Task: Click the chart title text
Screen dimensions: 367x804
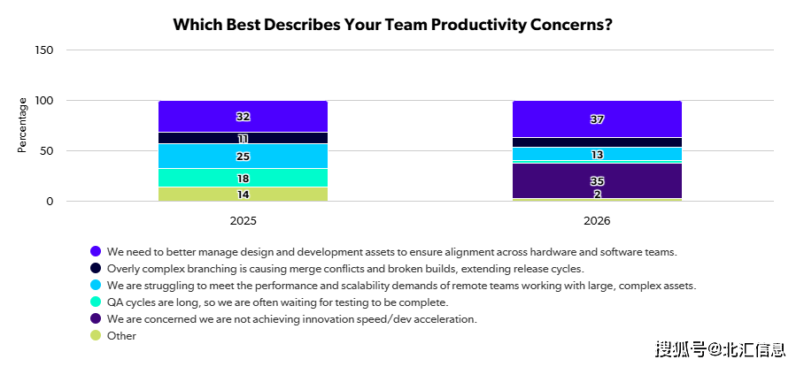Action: tap(392, 24)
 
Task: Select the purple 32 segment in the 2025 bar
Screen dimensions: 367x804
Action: tap(243, 117)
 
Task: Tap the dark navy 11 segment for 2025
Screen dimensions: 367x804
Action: tap(243, 139)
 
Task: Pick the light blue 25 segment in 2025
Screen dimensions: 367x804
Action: tap(243, 157)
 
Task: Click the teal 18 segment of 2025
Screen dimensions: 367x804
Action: tap(243, 178)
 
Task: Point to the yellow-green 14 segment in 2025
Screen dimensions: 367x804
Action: tap(243, 195)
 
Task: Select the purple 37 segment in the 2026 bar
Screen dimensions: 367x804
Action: tap(597, 119)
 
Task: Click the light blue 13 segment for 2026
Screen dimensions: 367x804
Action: tap(597, 155)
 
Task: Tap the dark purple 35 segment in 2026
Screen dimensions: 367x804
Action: tap(597, 180)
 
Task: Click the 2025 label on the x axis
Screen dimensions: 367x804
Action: tap(243, 219)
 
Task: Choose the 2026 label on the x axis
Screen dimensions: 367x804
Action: tap(597, 219)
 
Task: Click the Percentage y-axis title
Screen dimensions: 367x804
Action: tap(22, 126)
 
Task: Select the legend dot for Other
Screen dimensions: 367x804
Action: tap(96, 336)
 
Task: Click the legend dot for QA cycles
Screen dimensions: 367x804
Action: tap(96, 302)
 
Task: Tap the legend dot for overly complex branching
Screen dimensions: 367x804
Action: tap(96, 269)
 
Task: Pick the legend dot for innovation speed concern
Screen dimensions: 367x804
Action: tap(96, 319)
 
